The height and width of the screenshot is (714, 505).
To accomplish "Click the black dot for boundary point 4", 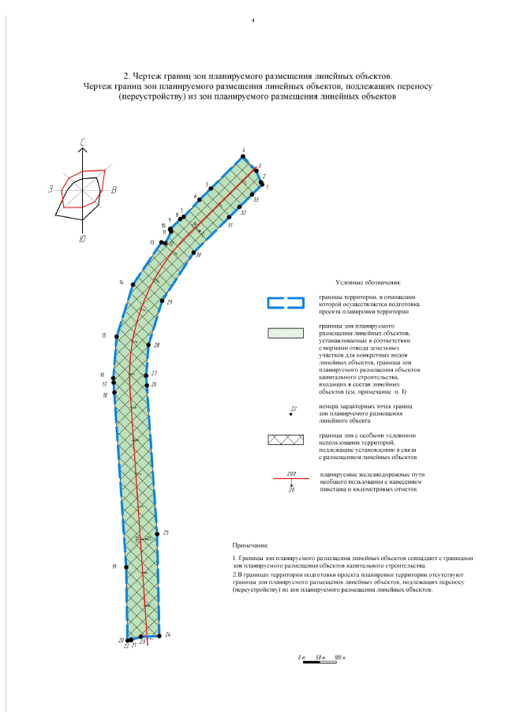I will point(245,155).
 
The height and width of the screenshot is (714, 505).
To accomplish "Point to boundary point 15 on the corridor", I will point(117,337).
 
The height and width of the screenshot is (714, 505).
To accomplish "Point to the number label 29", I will point(170,303).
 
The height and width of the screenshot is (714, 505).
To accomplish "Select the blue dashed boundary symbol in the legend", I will point(285,302).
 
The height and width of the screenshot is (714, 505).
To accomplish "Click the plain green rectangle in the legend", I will point(285,333).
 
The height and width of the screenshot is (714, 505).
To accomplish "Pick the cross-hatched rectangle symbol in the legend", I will point(285,442).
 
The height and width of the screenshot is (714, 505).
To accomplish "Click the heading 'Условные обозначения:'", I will point(368,282).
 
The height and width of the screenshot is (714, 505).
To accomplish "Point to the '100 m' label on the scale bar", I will point(340,656).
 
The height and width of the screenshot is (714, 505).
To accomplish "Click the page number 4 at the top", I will point(252,20).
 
